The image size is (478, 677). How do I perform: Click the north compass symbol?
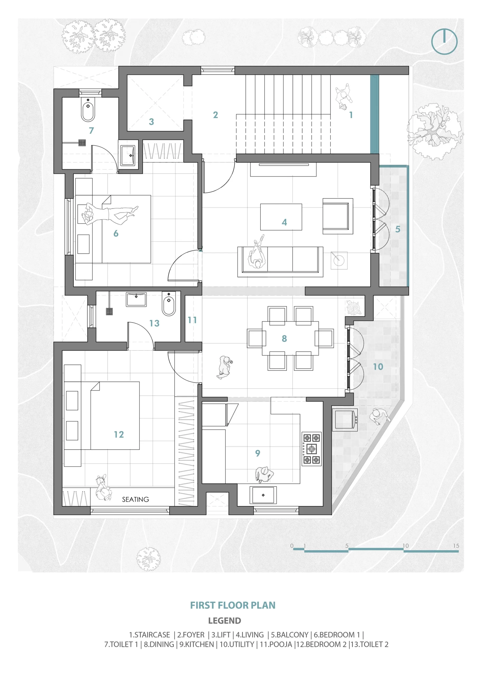444,42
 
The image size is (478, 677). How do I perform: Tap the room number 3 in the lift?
151,121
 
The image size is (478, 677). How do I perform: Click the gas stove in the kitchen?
311,449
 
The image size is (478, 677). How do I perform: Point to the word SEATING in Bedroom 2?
135,499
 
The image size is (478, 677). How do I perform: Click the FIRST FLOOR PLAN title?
233,605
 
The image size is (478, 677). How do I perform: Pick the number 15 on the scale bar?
456,546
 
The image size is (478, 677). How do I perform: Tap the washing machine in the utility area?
345,420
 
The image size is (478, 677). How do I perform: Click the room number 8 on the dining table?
284,338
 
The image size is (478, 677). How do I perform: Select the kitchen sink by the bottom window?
263,495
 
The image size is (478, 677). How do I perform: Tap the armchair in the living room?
338,216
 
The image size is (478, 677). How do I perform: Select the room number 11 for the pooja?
192,320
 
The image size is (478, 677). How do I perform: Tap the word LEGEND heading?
224,621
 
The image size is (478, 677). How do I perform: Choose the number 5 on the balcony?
398,229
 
